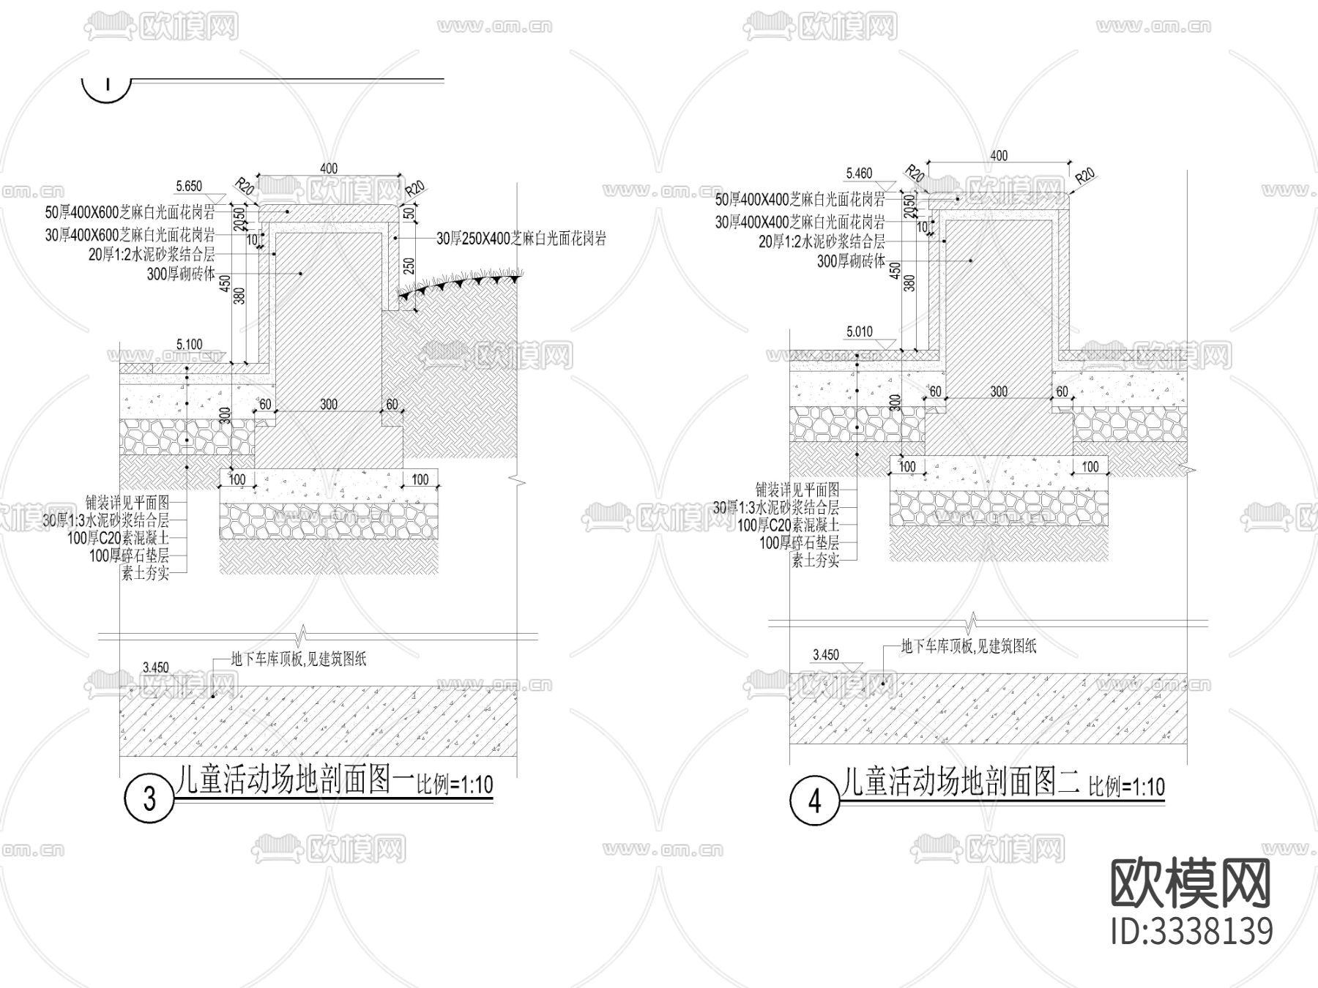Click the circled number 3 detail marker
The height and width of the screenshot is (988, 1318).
click(x=149, y=798)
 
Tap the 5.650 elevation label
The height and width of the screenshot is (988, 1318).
click(x=189, y=187)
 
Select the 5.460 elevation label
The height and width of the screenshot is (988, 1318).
click(x=859, y=173)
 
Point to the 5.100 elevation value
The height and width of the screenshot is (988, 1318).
click(x=189, y=345)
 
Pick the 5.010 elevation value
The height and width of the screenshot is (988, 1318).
click(x=859, y=332)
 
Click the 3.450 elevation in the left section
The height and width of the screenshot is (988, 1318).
click(x=155, y=667)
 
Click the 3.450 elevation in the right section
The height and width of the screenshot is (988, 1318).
click(x=825, y=655)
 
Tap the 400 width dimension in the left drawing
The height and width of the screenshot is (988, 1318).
click(x=329, y=169)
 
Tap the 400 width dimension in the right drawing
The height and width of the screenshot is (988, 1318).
click(x=998, y=155)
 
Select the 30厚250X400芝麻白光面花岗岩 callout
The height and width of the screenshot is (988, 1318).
click(x=521, y=239)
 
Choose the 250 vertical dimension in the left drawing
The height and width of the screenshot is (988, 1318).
click(x=409, y=266)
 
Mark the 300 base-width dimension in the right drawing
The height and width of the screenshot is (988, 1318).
click(x=999, y=392)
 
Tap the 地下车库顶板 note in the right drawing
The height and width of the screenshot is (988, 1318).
click(x=968, y=646)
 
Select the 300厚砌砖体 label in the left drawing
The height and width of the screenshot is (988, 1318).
click(x=182, y=274)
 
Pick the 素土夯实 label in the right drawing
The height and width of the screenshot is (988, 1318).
click(x=816, y=561)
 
